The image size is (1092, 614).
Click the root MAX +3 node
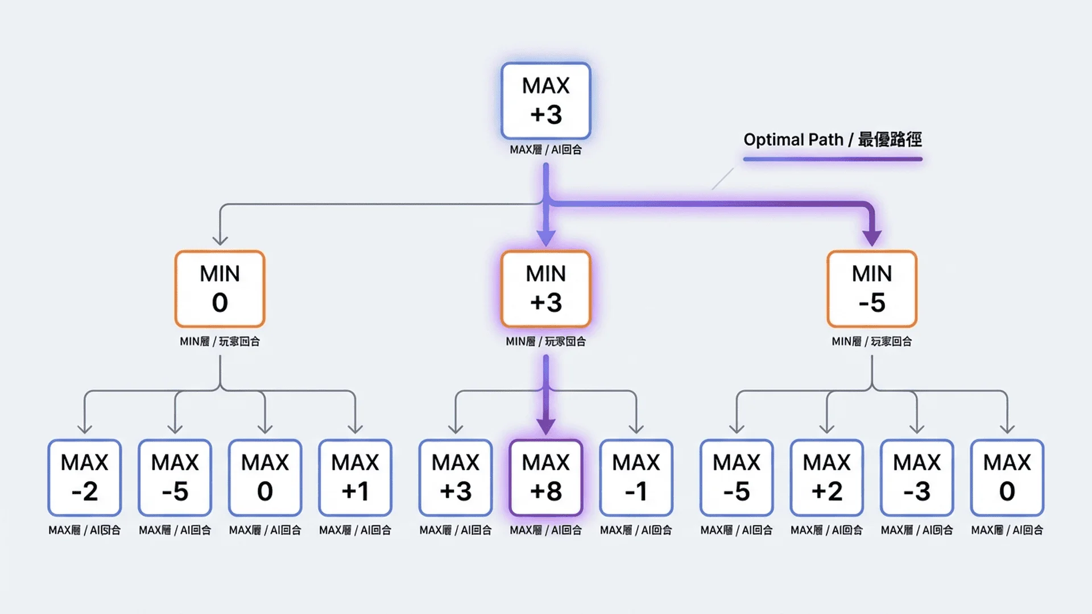pos(545,101)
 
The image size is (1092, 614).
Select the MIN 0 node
pos(220,289)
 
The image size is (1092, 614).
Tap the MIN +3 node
pos(545,289)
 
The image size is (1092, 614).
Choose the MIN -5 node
pos(871,289)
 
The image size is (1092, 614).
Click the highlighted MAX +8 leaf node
pos(545,478)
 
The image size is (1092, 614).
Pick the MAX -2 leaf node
pos(84,478)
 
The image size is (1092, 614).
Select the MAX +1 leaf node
pos(355,478)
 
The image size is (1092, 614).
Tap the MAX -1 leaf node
pos(636,478)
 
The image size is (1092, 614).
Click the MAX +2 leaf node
pos(826,478)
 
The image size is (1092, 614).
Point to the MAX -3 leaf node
pos(917,478)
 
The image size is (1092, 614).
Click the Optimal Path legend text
pos(832,139)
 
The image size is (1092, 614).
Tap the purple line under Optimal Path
pos(832,159)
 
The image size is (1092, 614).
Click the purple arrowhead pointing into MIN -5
pos(871,238)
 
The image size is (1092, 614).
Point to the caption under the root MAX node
pos(545,150)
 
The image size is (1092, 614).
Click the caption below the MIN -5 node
pos(871,341)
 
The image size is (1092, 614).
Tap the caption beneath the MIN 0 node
pos(220,341)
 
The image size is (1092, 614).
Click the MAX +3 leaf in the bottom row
pos(456,478)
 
